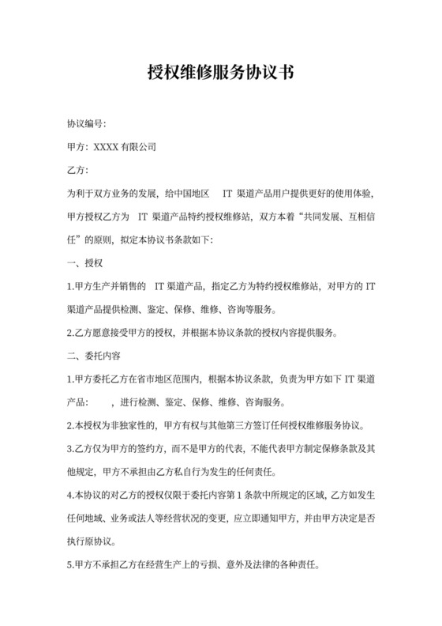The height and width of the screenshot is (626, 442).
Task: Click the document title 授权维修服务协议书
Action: tap(221, 74)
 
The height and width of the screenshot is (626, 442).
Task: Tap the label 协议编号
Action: tap(85, 124)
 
